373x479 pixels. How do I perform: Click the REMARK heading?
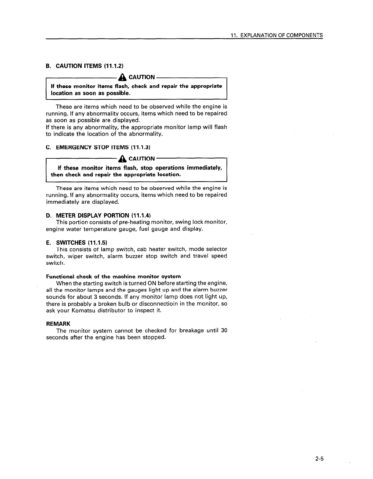pos(58,324)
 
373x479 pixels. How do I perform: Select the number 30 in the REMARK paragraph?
pos(224,331)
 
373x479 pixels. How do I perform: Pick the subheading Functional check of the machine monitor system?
pos(113,276)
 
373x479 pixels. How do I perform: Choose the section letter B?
pos(48,66)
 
